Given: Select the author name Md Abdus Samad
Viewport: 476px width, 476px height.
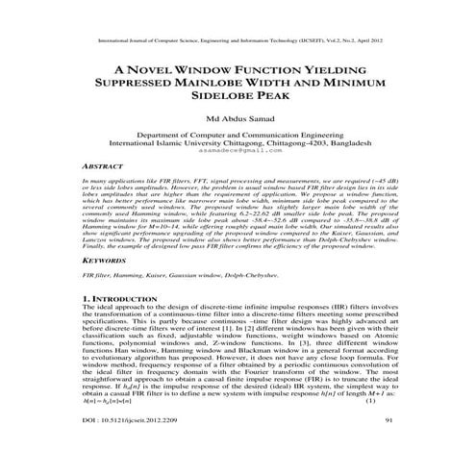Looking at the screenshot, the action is (x=237, y=119).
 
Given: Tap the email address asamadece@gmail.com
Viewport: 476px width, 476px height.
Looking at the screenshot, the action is (x=238, y=152).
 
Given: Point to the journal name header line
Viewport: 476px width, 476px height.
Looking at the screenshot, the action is (x=237, y=42).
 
